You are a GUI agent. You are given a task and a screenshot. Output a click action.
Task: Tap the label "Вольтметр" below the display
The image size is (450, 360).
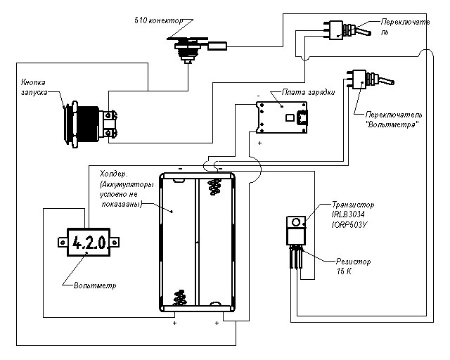coord(94,286)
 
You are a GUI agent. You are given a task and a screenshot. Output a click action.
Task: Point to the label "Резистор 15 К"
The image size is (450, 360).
coord(352,266)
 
